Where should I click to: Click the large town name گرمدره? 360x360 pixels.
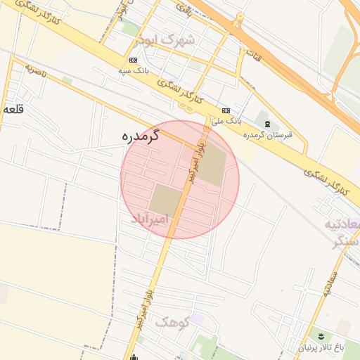click(x=141, y=136)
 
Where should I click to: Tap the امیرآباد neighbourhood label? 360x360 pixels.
click(x=150, y=220)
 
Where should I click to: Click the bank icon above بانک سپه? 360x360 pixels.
click(x=134, y=60)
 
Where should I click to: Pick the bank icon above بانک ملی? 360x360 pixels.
click(x=226, y=111)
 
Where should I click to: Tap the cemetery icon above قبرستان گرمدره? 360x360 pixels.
click(x=267, y=124)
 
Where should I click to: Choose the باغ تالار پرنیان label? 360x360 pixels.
click(x=321, y=346)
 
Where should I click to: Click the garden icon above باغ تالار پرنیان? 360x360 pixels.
click(x=321, y=335)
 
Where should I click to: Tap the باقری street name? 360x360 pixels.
click(x=184, y=11)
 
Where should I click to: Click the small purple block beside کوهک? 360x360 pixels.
click(x=198, y=319)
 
